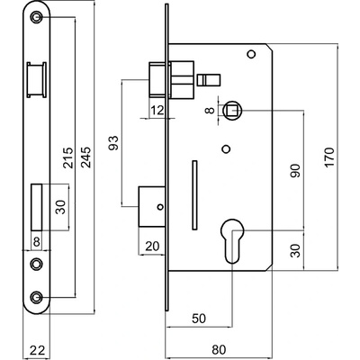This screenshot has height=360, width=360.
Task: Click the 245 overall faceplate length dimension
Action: pos(86,157)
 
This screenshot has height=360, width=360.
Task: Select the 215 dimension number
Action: pos(67,157)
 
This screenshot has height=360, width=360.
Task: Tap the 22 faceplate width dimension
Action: pos(37,350)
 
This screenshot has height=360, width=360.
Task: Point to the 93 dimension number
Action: pos(114,143)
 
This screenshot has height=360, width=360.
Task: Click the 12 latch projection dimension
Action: pos(157,111)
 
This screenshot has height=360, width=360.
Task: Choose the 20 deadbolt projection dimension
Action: pos(152,247)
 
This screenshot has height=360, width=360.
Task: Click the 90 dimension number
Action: pos(295,170)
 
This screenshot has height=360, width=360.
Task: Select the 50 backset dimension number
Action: pos(199,319)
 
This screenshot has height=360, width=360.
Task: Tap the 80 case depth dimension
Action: pos(219,350)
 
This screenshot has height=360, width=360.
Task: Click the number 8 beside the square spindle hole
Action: pos(210,111)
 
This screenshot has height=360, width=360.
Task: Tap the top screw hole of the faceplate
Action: pos(37,17)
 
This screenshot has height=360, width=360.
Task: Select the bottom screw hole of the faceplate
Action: pos(37,297)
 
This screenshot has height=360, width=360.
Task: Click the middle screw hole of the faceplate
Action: pos(37,264)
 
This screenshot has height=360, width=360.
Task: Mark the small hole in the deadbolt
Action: pos(160,207)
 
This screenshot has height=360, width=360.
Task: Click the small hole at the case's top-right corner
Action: pos(251,54)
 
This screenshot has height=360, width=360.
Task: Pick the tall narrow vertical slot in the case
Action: pos(194,195)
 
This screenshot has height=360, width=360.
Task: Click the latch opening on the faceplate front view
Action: pos(37,80)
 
